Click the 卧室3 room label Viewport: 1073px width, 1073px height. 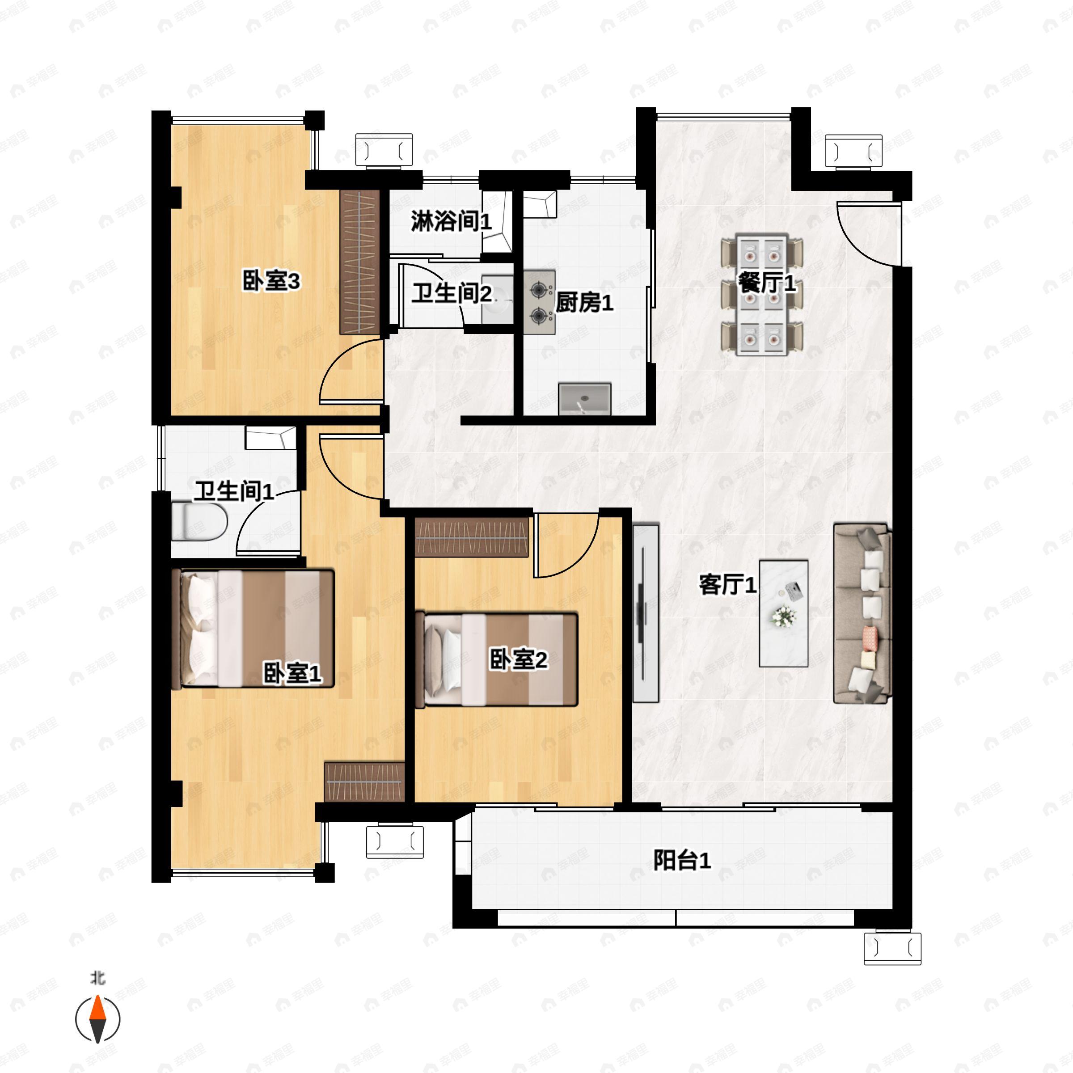271,282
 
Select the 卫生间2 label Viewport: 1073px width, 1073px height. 451,293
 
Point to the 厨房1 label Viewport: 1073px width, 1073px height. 584,303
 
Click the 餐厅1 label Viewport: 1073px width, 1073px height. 766,284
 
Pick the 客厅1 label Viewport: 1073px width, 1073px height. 727,585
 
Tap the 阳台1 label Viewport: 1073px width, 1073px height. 681,860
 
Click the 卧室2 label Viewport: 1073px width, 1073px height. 518,659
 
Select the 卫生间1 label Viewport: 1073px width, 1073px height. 234,491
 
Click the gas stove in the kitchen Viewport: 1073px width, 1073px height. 539,303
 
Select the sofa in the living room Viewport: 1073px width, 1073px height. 862,613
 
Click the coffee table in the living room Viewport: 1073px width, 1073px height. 783,613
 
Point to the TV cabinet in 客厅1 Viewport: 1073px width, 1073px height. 645,613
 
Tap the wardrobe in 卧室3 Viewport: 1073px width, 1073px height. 360,262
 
